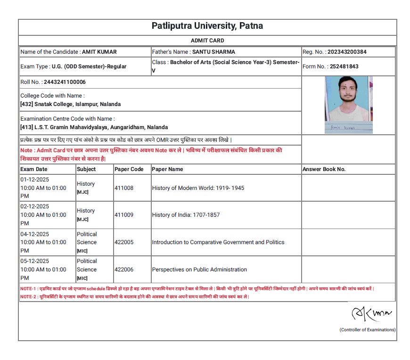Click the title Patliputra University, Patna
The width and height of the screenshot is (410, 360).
[207, 26]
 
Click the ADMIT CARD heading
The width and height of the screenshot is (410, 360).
[207, 41]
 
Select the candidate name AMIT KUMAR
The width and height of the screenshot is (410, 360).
[99, 52]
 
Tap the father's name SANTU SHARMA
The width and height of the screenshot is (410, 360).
[213, 52]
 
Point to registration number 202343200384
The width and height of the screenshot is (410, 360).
[347, 52]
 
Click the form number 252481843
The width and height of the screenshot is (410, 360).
[337, 66]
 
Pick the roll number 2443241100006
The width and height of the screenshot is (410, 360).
[65, 82]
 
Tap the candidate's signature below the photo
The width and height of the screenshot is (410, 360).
[343, 128]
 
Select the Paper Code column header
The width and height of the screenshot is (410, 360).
[129, 169]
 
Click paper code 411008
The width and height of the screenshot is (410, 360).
[124, 188]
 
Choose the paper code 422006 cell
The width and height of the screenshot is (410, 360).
[124, 270]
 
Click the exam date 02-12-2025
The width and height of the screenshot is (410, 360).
[34, 206]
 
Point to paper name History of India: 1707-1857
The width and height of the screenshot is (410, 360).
[186, 215]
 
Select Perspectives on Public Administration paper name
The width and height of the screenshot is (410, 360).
[199, 270]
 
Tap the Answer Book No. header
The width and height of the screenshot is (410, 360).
[324, 169]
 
